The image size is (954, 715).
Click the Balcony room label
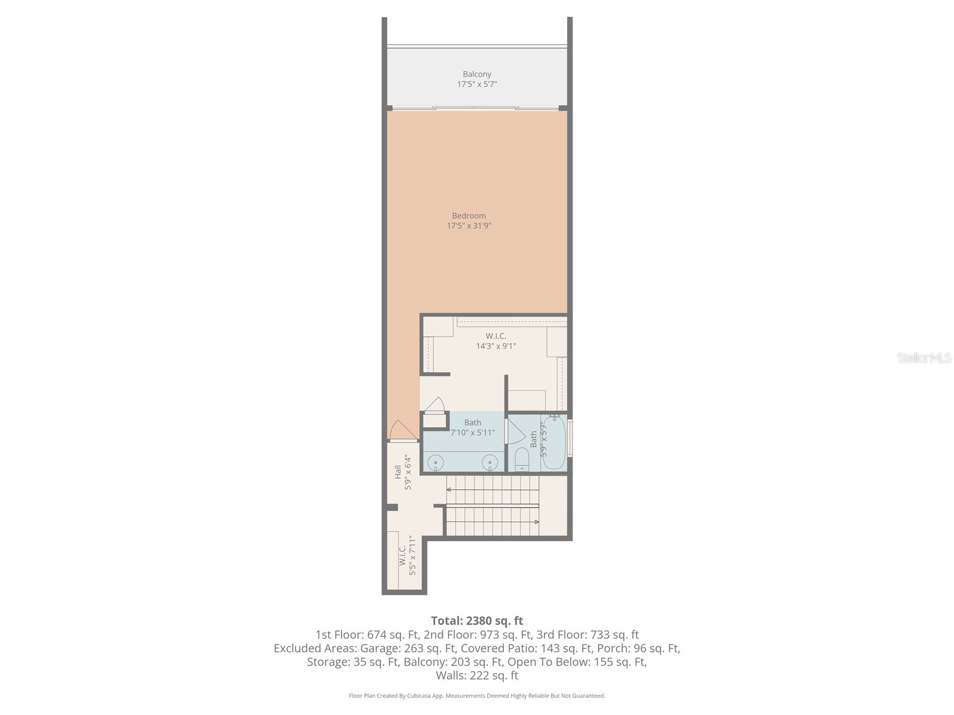coord(477,74)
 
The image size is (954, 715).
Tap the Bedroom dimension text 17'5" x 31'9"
coord(469,226)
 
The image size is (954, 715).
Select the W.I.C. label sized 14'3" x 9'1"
coord(495,341)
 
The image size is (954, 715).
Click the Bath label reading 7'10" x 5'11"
coord(473,428)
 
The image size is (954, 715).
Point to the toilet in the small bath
coord(522,459)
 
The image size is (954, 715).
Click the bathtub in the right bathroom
coord(554,442)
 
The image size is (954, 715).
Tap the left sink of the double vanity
coord(436,462)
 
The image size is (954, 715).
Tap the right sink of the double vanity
coord(490,462)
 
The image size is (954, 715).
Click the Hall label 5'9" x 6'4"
coord(403,472)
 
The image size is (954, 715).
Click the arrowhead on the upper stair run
coord(449,489)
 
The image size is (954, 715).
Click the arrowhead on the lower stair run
coord(537,522)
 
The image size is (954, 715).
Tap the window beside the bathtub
coord(570,438)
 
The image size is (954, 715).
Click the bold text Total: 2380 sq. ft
coord(477,621)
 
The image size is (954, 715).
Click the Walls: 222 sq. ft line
coord(477,676)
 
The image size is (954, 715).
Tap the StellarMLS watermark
coord(924,358)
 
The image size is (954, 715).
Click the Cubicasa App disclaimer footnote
coord(477,696)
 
